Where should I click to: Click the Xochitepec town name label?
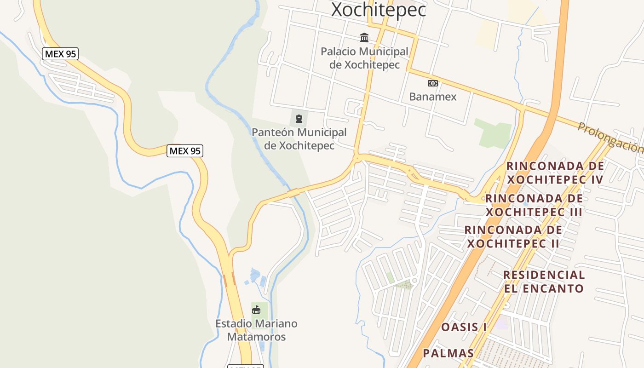coord(378,10)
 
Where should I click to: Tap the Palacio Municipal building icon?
coord(364,37)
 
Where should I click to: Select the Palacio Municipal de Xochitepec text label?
coord(364,58)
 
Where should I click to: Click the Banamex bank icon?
coord(432,83)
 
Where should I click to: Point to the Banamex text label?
coord(432,97)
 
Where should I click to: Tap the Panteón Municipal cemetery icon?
coord(299,119)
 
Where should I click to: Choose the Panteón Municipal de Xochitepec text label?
coord(299,139)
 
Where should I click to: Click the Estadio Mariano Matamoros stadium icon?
coord(256,310)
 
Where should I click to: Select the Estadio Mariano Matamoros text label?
coord(256,330)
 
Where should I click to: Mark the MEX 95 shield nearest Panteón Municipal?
coord(185,150)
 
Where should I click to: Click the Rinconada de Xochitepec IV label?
coord(555,172)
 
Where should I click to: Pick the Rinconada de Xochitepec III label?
coord(534,205)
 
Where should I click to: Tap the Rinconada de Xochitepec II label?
coord(513,236)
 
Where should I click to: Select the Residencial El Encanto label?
coord(544,282)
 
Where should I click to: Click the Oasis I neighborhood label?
coord(464,327)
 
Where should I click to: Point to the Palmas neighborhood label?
coord(448,353)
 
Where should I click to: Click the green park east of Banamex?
coord(493,132)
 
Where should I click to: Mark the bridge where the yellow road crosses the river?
coord(293,192)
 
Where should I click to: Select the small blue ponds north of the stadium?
coord(256,276)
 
